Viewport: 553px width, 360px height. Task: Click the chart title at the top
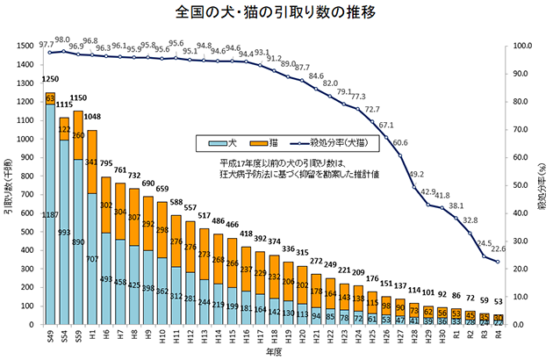click(x=276, y=13)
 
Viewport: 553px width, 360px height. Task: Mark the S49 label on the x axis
click(x=49, y=337)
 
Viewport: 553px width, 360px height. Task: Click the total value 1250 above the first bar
click(x=49, y=80)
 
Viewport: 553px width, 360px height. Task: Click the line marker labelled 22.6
click(x=497, y=262)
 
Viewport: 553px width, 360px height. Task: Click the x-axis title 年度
click(x=274, y=351)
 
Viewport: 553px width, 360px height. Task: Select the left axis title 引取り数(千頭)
click(x=11, y=185)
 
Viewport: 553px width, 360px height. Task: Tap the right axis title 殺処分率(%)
click(x=542, y=185)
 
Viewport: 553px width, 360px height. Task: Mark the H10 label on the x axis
click(x=162, y=336)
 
